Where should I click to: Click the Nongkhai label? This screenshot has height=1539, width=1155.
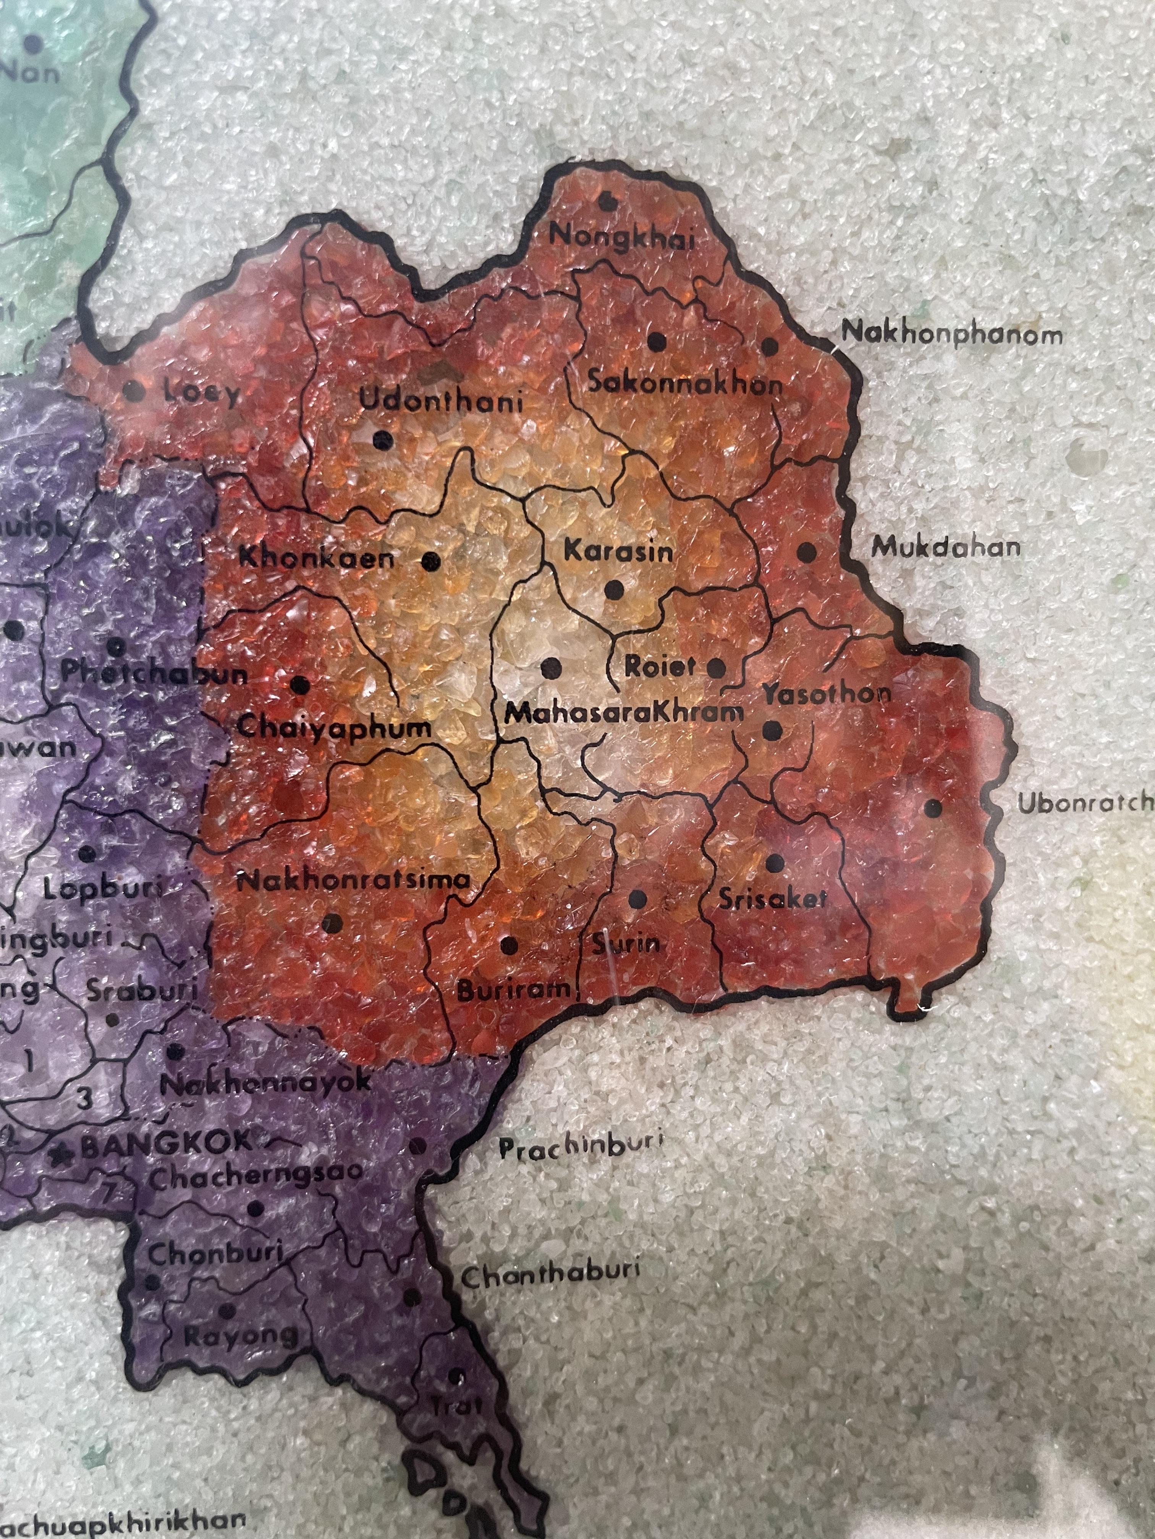click(x=622, y=238)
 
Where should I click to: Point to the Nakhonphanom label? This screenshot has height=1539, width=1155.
click(x=952, y=334)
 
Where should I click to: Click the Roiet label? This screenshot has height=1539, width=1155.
click(x=659, y=666)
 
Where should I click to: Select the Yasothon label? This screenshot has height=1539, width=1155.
click(x=827, y=694)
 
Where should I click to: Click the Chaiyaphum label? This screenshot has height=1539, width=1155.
click(x=334, y=728)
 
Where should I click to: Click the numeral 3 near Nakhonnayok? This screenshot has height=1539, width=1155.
click(x=84, y=1099)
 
